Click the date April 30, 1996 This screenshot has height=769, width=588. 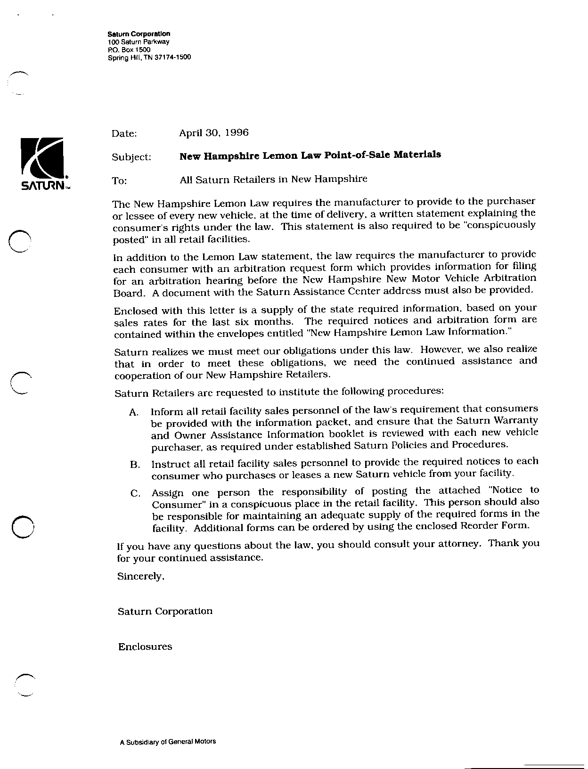point(213,133)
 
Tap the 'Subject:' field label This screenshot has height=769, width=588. point(131,157)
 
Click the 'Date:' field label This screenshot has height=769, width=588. point(124,134)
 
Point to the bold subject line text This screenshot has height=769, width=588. point(310,155)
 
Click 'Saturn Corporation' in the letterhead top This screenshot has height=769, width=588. point(139,34)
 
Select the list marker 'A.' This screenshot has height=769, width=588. point(133,412)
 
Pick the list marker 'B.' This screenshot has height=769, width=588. point(135,465)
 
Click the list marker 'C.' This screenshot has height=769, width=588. point(135,494)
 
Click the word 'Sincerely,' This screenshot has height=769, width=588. point(140,576)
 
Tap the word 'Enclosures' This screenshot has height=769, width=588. point(145,647)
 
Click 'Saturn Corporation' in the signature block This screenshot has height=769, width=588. point(165,611)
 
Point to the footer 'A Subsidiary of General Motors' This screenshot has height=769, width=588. point(168,741)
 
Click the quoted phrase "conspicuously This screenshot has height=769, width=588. point(500,225)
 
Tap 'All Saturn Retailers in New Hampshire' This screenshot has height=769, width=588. point(273,179)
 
